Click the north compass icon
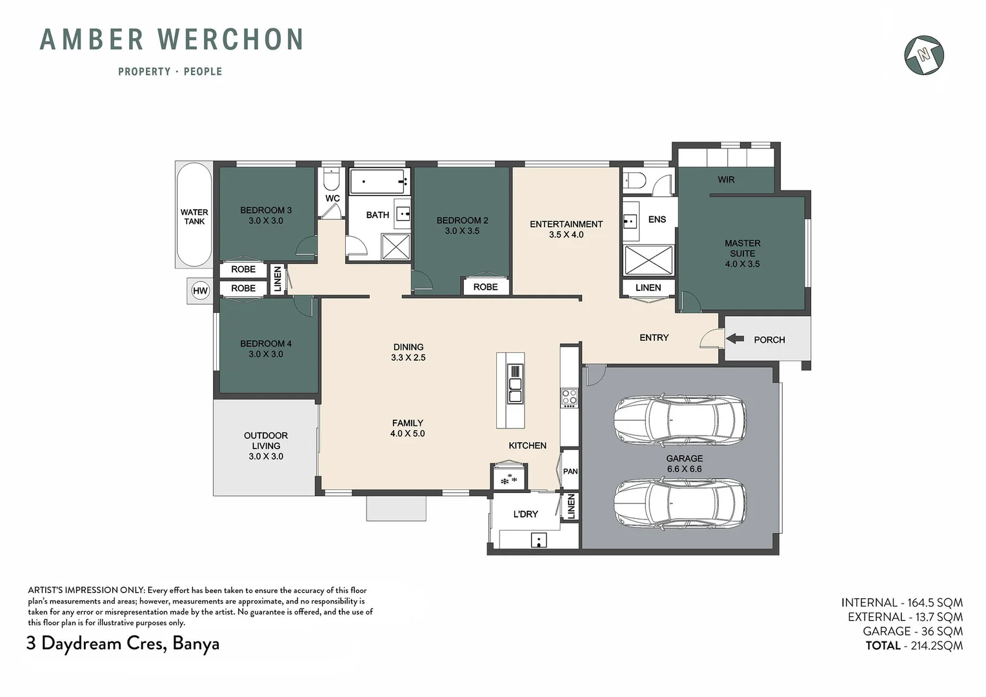(x=924, y=55)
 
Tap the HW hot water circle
(x=200, y=290)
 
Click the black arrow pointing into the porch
(x=734, y=339)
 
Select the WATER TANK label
(x=194, y=217)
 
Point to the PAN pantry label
(x=570, y=471)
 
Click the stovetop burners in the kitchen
(x=568, y=398)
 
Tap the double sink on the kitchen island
(x=515, y=383)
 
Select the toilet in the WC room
(x=330, y=179)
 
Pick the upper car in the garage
(x=680, y=418)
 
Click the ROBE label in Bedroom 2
(x=485, y=287)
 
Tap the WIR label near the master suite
(x=726, y=179)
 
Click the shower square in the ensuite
(x=649, y=261)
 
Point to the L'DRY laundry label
(x=525, y=514)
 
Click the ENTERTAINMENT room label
(x=566, y=224)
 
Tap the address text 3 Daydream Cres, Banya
(x=123, y=643)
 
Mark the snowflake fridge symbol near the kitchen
(x=509, y=480)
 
